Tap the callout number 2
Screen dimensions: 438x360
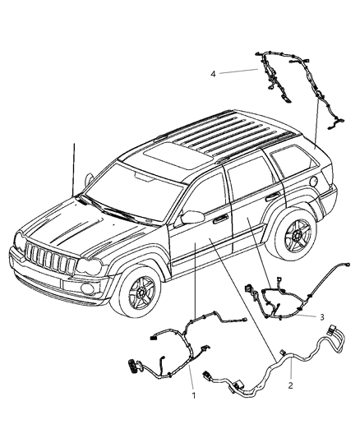click(290, 384)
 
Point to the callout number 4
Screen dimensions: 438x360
click(213, 73)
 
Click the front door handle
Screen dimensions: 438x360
click(219, 220)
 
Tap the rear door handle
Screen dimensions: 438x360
click(270, 198)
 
